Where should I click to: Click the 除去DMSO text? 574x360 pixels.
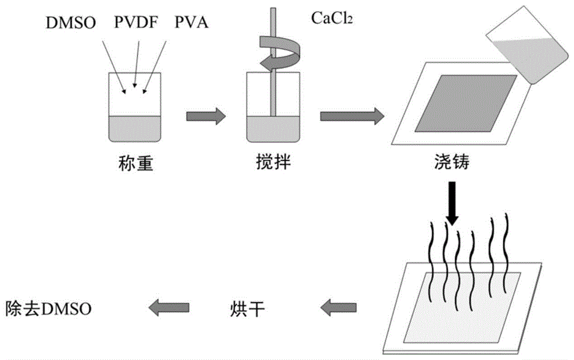pyautogui.click(x=48, y=309)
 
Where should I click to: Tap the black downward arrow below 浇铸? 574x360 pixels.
pyautogui.click(x=452, y=204)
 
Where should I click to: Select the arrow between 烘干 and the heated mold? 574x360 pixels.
pyautogui.click(x=335, y=309)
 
